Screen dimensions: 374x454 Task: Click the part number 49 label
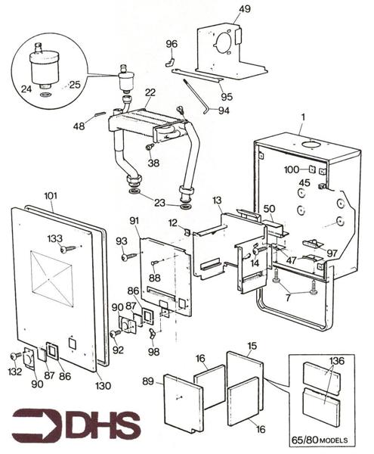pos(245,9)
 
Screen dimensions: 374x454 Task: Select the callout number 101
pos(51,196)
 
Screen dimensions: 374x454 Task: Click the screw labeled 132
pos(15,356)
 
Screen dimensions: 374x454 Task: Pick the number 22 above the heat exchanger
pos(150,92)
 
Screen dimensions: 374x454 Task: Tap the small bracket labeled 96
pos(170,63)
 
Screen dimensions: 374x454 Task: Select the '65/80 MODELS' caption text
pos(320,440)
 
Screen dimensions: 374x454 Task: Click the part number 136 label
pos(337,361)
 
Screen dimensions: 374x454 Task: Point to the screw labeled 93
pos(129,257)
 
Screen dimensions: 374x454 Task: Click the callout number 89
pos(147,381)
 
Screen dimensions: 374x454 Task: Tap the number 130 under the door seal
pos(104,385)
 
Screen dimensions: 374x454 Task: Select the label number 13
pos(217,200)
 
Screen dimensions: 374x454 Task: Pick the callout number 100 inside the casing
pos(292,169)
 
